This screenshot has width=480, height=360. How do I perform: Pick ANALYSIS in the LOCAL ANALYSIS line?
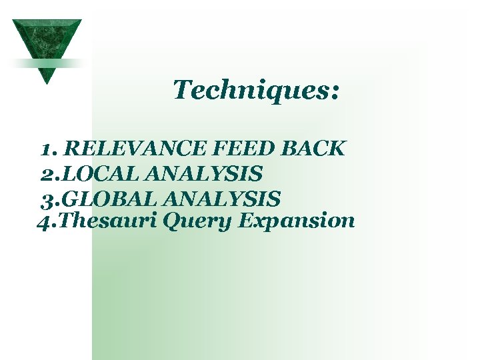click(x=203, y=174)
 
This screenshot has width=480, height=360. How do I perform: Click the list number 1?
click(x=47, y=149)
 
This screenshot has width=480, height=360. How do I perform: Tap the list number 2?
click(x=48, y=174)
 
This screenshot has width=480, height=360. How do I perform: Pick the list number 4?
click(x=45, y=221)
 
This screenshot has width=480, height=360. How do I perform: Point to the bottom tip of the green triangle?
click(x=46, y=82)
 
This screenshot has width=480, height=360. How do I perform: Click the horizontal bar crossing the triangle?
click(x=47, y=63)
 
